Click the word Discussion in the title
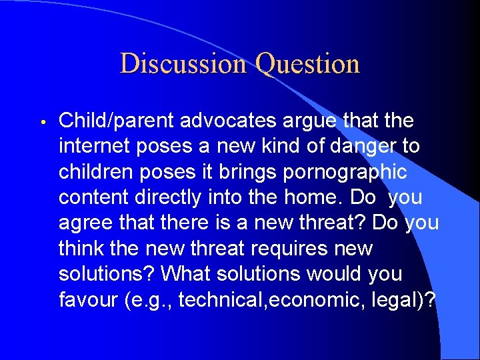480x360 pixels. [x=183, y=64]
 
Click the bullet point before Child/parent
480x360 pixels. [x=41, y=122]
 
